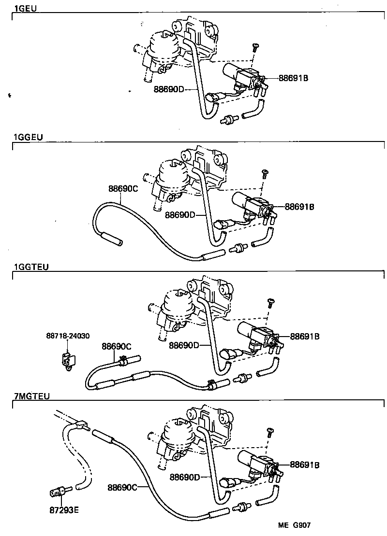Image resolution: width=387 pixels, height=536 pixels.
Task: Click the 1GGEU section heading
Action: [29, 137]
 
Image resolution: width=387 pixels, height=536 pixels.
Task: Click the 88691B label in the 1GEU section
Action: [293, 78]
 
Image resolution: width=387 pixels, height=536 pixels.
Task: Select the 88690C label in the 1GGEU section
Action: [123, 189]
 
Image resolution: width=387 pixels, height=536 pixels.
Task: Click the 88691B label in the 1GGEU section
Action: [299, 207]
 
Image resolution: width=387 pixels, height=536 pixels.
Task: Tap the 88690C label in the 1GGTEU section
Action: [116, 346]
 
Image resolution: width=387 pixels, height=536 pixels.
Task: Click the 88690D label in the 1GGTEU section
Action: [184, 345]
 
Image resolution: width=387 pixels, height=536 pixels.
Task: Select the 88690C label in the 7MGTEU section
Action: [122, 487]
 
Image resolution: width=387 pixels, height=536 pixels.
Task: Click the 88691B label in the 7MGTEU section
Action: [305, 465]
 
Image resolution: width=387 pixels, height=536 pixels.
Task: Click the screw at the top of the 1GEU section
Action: [255, 47]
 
